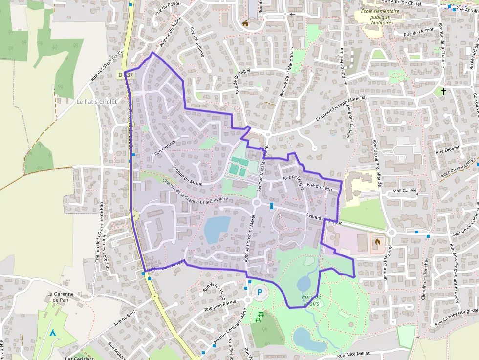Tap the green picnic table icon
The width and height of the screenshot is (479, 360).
[x=259, y=318]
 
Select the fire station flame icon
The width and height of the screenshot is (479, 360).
[x=377, y=241]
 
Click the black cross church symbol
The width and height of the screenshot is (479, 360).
[x=444, y=91]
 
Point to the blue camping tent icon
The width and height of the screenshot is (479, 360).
[x=53, y=333]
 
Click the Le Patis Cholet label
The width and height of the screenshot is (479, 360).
[x=96, y=102]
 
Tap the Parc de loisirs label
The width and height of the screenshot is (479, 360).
[x=310, y=300]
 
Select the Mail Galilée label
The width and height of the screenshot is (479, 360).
[x=404, y=191]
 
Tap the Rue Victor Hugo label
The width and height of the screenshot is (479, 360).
[x=213, y=289]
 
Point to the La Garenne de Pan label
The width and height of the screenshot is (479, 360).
[x=60, y=297]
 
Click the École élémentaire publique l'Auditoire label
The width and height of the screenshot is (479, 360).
[x=380, y=17]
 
